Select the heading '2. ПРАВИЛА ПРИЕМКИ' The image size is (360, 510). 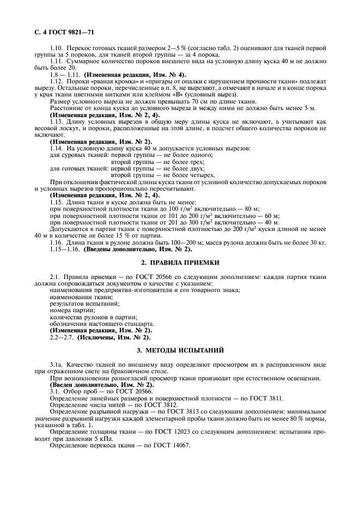(x=180, y=263)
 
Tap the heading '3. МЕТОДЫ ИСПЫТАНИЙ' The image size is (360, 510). (x=180, y=348)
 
